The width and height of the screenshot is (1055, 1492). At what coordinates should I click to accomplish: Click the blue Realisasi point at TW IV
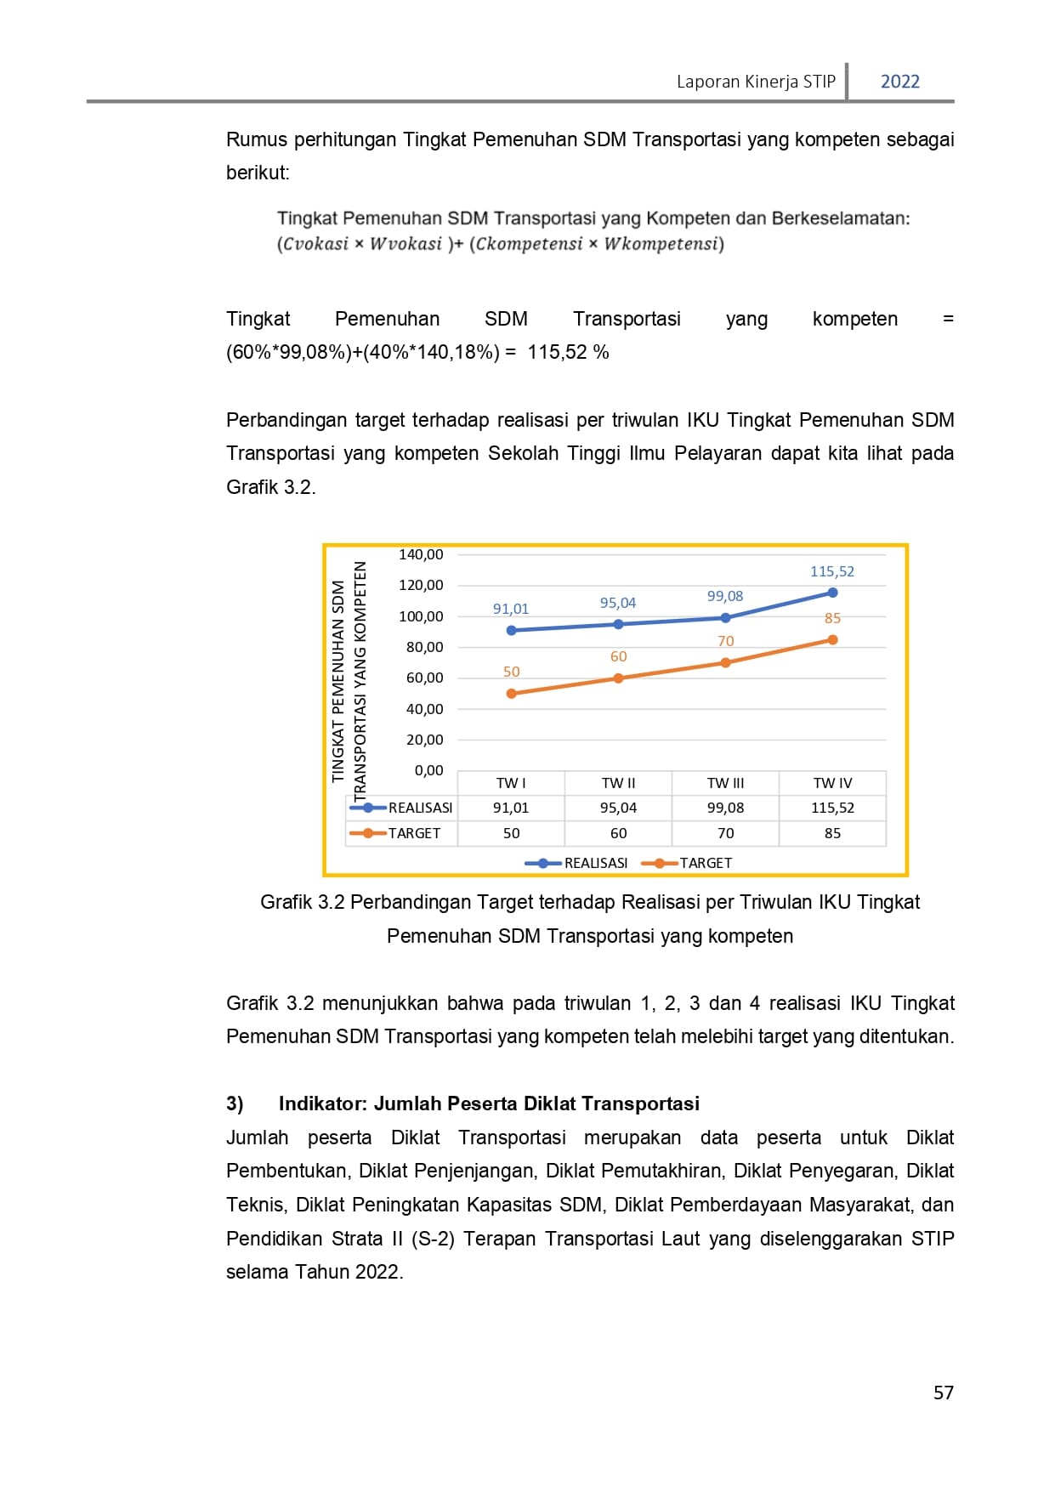(832, 593)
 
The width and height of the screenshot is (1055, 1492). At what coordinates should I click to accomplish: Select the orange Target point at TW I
(511, 694)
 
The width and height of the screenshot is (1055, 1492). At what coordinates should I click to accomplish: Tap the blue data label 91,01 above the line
(511, 609)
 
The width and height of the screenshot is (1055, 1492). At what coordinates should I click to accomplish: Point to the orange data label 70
(725, 641)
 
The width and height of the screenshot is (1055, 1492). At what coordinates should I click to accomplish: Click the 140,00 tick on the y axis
(421, 554)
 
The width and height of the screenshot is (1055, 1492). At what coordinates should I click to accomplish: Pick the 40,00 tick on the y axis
(424, 709)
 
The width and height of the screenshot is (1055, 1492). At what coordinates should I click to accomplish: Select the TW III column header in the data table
(725, 783)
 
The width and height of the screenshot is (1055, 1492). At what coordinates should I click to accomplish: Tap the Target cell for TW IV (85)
(832, 833)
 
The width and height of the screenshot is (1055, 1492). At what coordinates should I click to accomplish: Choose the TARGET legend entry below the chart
(705, 863)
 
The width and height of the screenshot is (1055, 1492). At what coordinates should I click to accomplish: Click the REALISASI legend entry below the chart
(595, 863)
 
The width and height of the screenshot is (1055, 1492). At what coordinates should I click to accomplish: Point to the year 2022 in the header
(899, 82)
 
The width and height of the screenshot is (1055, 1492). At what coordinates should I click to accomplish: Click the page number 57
(943, 1393)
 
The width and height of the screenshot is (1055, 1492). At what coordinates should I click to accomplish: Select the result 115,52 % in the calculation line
(568, 352)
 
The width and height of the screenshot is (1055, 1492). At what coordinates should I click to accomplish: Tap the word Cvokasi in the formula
(315, 244)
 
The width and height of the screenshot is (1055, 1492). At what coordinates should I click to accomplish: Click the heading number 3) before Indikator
(235, 1103)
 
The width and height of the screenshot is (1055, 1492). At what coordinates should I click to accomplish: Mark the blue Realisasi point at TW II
(618, 624)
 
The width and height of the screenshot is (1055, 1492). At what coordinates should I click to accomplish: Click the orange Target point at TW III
(725, 663)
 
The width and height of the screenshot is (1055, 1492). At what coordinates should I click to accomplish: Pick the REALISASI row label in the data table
(420, 808)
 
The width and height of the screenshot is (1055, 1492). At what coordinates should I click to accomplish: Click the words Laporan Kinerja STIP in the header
(756, 82)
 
